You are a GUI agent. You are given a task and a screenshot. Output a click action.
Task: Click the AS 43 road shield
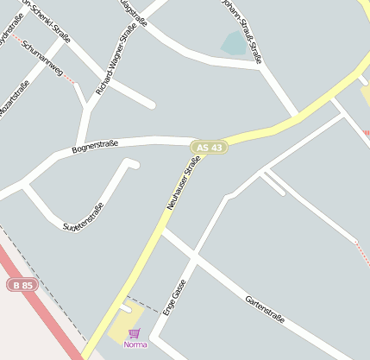tap(210, 148)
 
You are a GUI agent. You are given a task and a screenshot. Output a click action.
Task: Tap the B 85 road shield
tap(22, 284)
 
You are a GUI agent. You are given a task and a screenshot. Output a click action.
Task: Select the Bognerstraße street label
tap(95, 149)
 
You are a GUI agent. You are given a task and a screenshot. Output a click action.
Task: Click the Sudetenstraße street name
tap(84, 217)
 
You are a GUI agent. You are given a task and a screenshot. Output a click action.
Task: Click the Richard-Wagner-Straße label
tap(116, 59)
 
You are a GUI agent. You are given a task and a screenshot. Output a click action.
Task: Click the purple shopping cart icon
tap(134, 333)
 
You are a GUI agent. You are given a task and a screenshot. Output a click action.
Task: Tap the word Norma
tap(135, 344)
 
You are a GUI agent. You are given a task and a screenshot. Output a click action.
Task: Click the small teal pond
tap(234, 43)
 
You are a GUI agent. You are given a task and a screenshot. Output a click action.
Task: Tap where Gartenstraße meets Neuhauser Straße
tap(164, 231)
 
